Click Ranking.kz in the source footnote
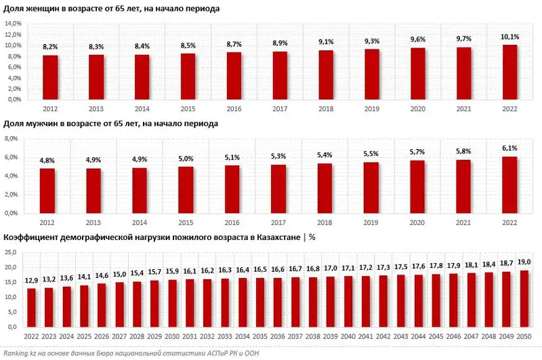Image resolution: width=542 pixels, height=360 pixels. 20,353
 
